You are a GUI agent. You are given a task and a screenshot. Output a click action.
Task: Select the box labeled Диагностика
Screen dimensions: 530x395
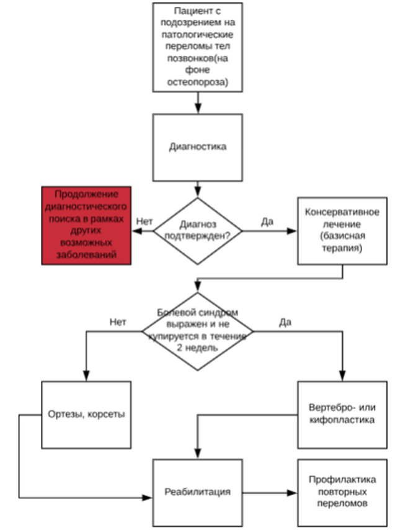[198, 148]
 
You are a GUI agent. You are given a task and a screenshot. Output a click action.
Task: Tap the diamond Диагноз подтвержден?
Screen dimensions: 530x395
[198, 231]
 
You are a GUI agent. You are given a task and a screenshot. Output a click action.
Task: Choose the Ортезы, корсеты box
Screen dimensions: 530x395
[86, 413]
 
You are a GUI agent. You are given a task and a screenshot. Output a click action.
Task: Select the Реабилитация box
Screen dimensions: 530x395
[198, 492]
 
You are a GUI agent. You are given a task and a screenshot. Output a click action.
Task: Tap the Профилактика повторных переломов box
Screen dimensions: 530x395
[341, 492]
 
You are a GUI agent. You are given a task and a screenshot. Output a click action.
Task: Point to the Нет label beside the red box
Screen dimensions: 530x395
[144, 220]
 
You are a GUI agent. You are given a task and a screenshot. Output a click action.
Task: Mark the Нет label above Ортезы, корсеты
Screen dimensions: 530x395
[118, 322]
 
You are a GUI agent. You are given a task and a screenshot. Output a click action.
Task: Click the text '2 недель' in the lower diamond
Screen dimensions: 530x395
[198, 349]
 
